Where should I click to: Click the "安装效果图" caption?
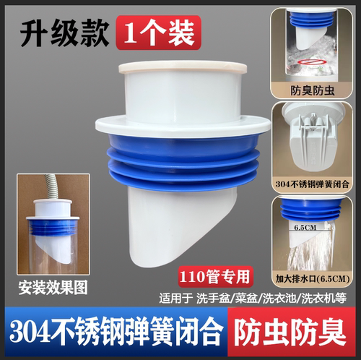point(56,286)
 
